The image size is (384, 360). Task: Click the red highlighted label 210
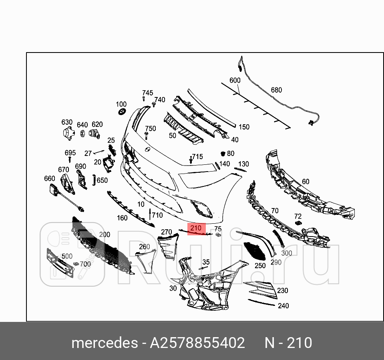196,229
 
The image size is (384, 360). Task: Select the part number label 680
276,90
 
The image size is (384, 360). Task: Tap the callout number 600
235,81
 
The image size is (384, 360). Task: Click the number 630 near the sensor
67,122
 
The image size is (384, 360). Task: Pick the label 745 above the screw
147,93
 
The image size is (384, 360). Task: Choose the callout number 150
244,127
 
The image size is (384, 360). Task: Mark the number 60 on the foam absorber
306,182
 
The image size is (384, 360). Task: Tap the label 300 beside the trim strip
287,253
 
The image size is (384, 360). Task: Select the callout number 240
283,306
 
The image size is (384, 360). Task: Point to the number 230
283,291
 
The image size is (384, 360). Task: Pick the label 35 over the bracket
206,263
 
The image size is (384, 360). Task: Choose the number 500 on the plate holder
67,256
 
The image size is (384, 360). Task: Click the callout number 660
49,178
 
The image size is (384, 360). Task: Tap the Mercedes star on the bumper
147,150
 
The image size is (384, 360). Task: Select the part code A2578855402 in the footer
197,343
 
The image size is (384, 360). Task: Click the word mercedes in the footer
104,343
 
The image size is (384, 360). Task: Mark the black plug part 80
223,154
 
